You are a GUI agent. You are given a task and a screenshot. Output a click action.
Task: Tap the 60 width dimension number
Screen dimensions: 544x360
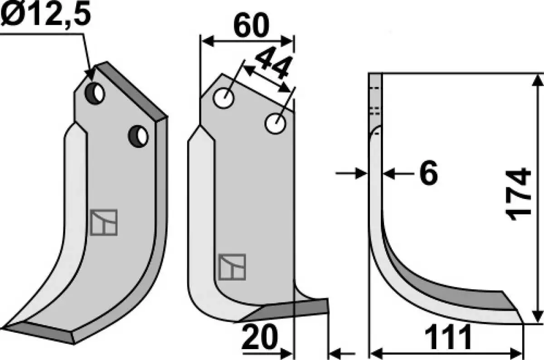click(251, 25)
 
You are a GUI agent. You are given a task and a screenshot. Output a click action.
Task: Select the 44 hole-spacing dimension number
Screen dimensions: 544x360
click(273, 63)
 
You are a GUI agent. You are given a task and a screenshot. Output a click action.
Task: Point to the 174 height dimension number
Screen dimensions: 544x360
click(518, 194)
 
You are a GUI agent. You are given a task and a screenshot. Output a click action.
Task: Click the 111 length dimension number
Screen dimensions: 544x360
click(448, 337)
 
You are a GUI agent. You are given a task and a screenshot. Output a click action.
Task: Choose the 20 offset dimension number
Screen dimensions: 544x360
click(259, 337)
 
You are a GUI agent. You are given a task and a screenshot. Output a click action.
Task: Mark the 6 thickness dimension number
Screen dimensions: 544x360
click(429, 173)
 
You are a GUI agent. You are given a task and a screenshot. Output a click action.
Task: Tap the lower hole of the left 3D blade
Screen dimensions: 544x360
click(138, 136)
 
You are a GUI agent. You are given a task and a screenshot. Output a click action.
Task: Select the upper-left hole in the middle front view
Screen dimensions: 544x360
click(223, 98)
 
